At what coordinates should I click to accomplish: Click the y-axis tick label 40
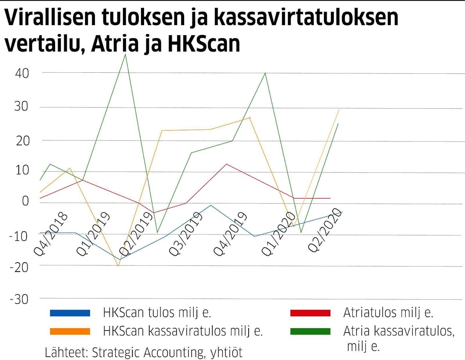[x=22, y=73]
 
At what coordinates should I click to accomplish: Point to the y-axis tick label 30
[x=22, y=106]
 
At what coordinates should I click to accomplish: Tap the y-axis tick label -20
[x=19, y=267]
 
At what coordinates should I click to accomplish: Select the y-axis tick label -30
[x=19, y=300]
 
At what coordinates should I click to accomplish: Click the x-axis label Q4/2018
[x=51, y=234]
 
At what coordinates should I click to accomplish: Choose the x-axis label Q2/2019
[x=136, y=234]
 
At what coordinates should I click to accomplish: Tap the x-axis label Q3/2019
[x=186, y=234]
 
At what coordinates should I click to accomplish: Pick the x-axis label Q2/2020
[x=325, y=229]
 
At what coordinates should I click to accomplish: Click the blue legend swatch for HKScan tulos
[x=70, y=313]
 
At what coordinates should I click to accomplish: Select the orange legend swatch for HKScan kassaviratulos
[x=70, y=332]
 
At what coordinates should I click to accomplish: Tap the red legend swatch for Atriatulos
[x=310, y=313]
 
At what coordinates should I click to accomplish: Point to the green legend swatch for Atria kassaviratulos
[x=310, y=332]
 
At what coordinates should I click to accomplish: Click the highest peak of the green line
[x=125, y=55]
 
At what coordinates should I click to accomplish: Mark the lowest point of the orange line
[x=118, y=266]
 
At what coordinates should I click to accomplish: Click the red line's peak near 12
[x=226, y=164]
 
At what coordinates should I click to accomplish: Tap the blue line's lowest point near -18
[x=120, y=259]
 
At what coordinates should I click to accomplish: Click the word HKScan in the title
[x=203, y=44]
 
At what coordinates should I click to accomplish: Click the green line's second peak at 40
[x=265, y=73]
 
